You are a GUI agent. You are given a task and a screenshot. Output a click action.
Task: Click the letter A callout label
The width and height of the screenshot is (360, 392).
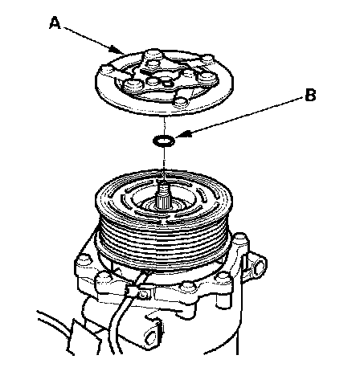(x=55, y=22)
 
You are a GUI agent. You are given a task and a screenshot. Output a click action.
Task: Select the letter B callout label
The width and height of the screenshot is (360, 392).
(x=310, y=95)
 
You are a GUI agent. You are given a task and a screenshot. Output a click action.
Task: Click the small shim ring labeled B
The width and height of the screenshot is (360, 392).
(x=164, y=141)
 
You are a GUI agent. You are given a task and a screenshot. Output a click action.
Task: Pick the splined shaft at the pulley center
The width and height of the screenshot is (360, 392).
(x=163, y=195)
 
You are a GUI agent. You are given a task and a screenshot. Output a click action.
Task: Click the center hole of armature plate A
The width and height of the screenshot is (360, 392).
(x=168, y=82)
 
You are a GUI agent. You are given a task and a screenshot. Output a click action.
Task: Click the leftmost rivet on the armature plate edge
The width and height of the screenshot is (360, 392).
(x=107, y=70)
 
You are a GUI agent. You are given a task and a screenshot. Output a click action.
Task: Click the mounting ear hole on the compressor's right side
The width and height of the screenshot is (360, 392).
(x=258, y=266)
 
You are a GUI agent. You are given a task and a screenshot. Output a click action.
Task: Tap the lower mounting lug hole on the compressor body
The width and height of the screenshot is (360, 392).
(x=151, y=338)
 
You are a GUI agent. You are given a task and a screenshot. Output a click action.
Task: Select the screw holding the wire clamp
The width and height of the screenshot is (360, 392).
(x=143, y=296)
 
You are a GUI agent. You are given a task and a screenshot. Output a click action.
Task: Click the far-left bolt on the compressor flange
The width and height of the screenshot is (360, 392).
(x=84, y=259)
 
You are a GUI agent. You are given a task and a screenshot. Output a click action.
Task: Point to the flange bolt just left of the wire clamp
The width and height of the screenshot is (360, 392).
(x=104, y=278)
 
